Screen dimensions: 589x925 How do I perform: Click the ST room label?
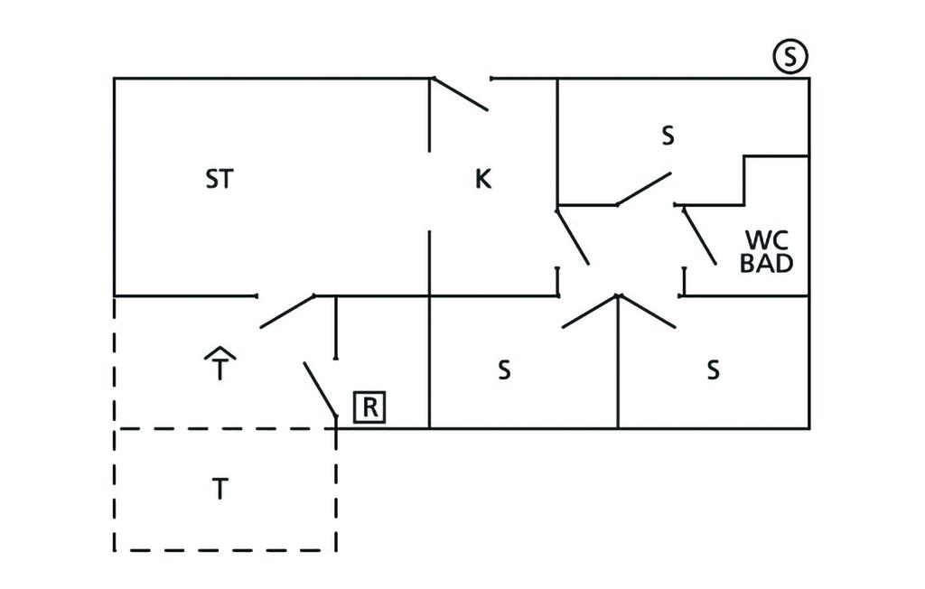(219, 179)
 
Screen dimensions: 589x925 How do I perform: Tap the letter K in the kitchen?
(483, 179)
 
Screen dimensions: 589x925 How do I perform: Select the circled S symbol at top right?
(790, 58)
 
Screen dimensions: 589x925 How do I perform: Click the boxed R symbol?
(369, 407)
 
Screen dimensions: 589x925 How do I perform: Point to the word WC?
(767, 241)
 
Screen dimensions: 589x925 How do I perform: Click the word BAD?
(767, 264)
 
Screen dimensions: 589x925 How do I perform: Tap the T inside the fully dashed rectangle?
(220, 490)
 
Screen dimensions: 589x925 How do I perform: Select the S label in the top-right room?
(668, 136)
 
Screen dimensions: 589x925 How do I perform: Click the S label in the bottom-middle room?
(504, 369)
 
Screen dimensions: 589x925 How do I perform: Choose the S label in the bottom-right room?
(713, 369)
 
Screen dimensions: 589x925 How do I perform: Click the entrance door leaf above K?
(461, 95)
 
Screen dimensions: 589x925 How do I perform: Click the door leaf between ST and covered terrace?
(287, 311)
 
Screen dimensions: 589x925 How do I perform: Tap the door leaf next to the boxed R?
(320, 389)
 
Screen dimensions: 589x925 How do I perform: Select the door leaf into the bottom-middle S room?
(589, 311)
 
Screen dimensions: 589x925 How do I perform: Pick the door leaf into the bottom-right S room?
(648, 311)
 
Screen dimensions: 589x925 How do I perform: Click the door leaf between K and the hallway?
(573, 236)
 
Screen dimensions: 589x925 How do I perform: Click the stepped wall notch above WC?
(744, 179)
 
